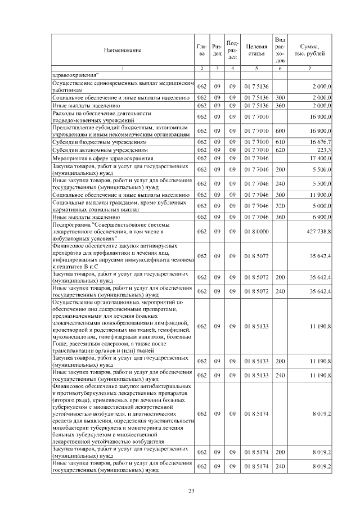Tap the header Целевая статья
(256, 50)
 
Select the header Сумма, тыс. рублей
(310, 50)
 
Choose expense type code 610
(280, 143)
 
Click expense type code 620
(280, 150)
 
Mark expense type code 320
(280, 205)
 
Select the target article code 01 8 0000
(256, 231)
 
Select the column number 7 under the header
(310, 68)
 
